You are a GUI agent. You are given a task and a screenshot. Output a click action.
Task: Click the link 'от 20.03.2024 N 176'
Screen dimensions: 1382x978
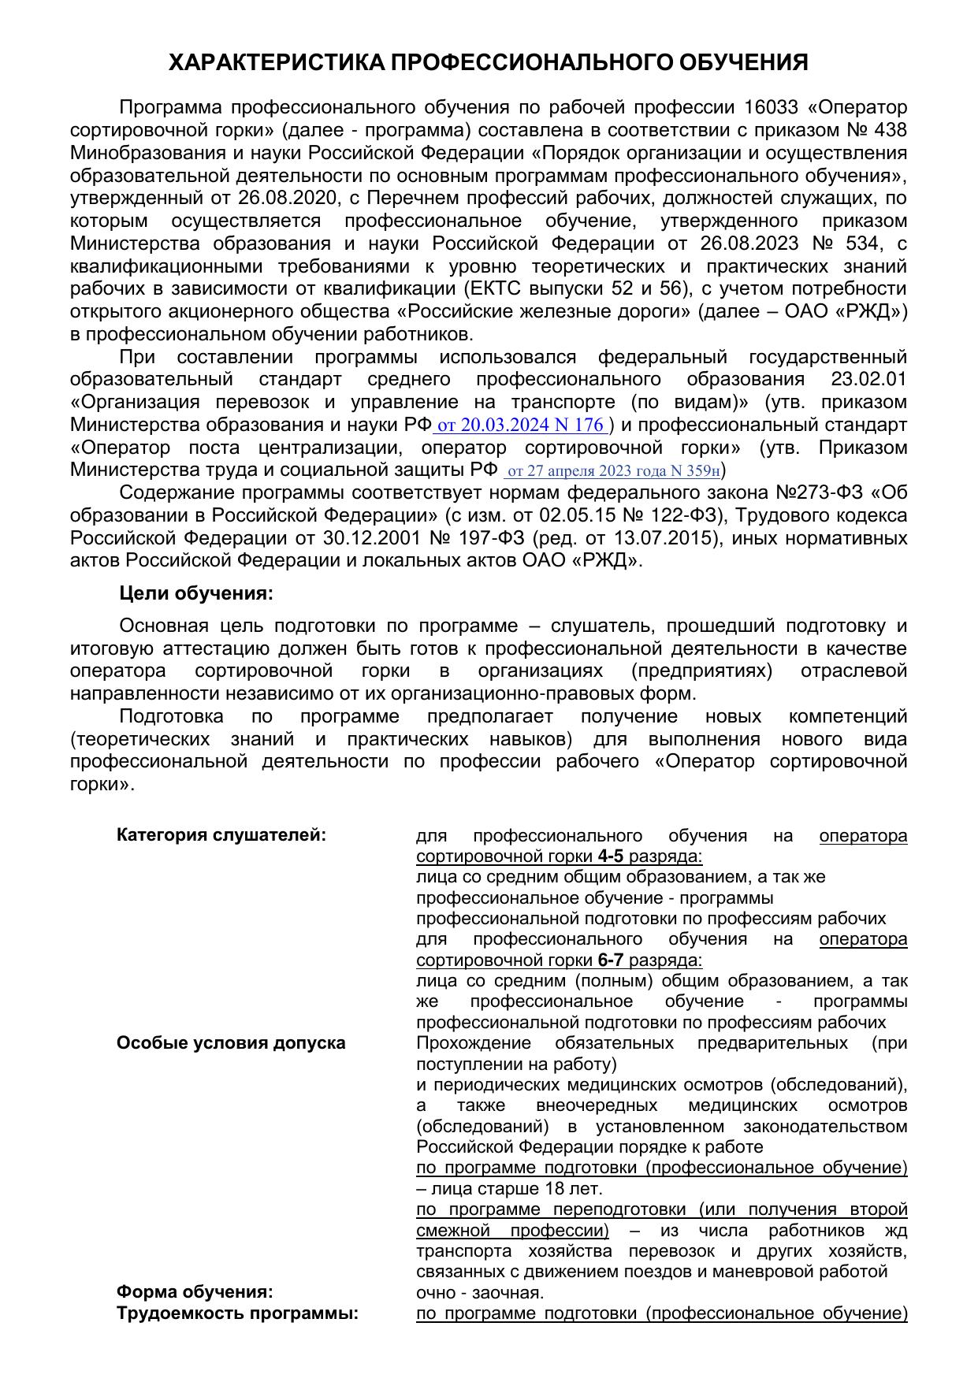coord(520,425)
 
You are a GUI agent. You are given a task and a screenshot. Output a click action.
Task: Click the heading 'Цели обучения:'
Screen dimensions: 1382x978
coord(196,593)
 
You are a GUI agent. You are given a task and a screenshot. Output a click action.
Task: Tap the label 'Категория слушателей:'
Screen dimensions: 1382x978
coord(221,835)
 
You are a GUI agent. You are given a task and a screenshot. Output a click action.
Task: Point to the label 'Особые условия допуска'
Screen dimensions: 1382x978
coord(231,1043)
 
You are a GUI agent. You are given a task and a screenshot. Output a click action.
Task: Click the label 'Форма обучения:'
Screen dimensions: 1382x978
coord(195,1292)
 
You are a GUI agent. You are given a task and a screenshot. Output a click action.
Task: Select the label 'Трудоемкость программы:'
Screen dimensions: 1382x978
coord(237,1313)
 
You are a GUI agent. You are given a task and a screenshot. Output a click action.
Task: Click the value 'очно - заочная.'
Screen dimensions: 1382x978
coord(480,1293)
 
